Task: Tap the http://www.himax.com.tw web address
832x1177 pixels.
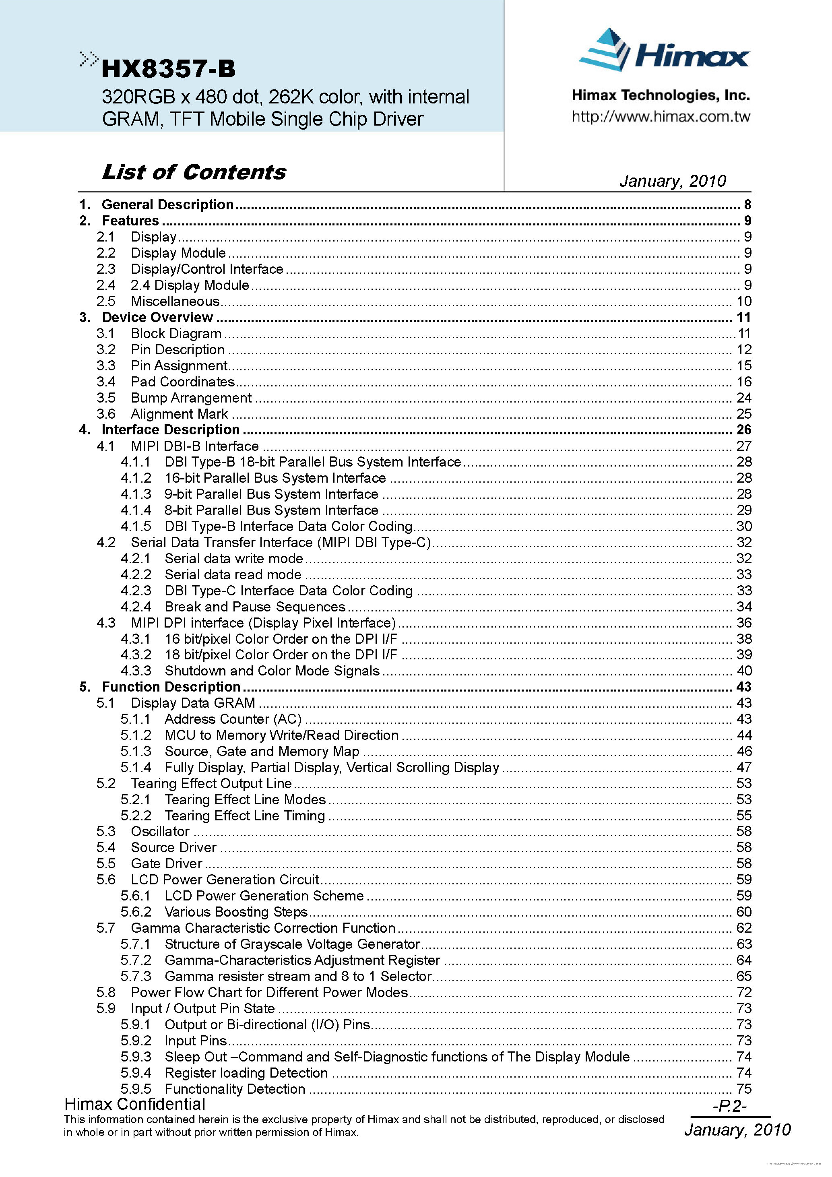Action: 661,117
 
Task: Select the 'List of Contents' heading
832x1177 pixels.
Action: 194,172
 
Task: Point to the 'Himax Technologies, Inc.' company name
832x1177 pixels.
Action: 661,95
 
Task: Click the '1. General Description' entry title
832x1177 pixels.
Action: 167,204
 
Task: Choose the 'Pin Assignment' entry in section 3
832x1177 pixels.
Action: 179,365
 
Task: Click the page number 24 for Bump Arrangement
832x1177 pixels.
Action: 743,398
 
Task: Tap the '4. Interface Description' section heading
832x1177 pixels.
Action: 170,430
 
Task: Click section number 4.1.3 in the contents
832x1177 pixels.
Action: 136,494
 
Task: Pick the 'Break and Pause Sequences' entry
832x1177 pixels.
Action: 255,607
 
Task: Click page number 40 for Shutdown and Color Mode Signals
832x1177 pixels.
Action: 744,671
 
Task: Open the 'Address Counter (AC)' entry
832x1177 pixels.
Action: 233,719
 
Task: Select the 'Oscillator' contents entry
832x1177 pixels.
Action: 160,832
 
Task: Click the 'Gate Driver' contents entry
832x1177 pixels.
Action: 167,864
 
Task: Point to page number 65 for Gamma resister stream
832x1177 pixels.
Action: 744,977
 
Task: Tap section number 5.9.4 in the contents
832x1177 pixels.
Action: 136,1073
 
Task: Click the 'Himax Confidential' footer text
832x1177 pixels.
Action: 135,1104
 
